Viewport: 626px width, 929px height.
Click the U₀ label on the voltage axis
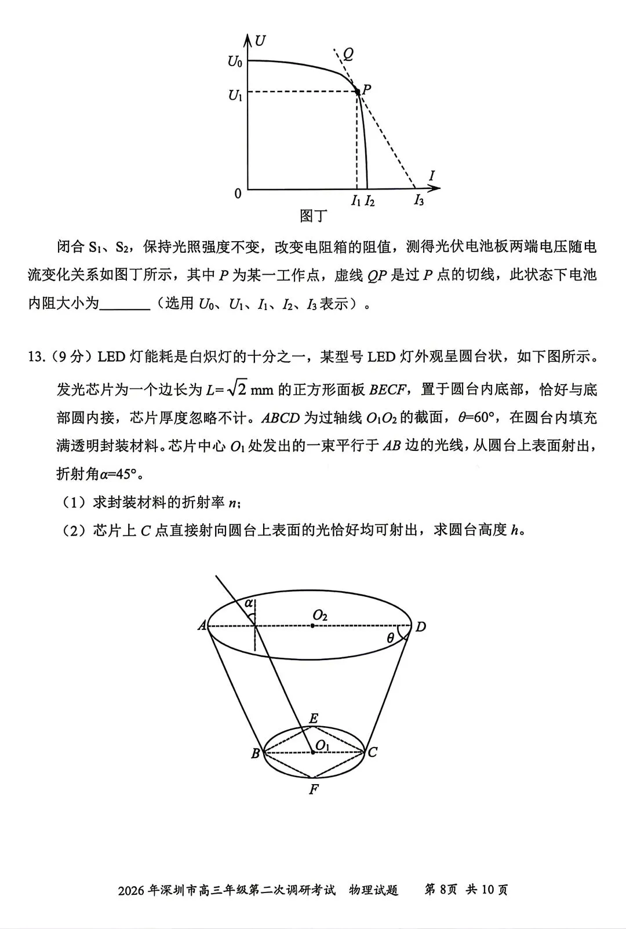point(235,61)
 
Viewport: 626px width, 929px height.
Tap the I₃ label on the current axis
point(418,201)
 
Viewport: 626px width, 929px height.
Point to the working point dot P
point(358,92)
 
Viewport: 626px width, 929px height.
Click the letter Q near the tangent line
point(348,54)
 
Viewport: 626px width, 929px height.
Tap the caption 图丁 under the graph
point(313,216)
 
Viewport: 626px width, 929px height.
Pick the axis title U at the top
point(260,41)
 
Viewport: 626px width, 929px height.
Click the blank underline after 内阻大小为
point(125,304)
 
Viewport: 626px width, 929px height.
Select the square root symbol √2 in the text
point(238,388)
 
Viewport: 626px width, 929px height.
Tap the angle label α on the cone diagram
point(249,603)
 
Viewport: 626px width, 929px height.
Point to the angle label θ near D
point(391,638)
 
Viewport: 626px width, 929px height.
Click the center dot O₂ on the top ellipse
point(313,626)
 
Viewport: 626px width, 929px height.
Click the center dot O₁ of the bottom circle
point(313,752)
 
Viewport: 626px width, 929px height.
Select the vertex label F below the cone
point(314,789)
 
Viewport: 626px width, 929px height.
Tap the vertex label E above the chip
point(314,719)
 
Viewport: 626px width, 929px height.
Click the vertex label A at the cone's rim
point(202,625)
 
